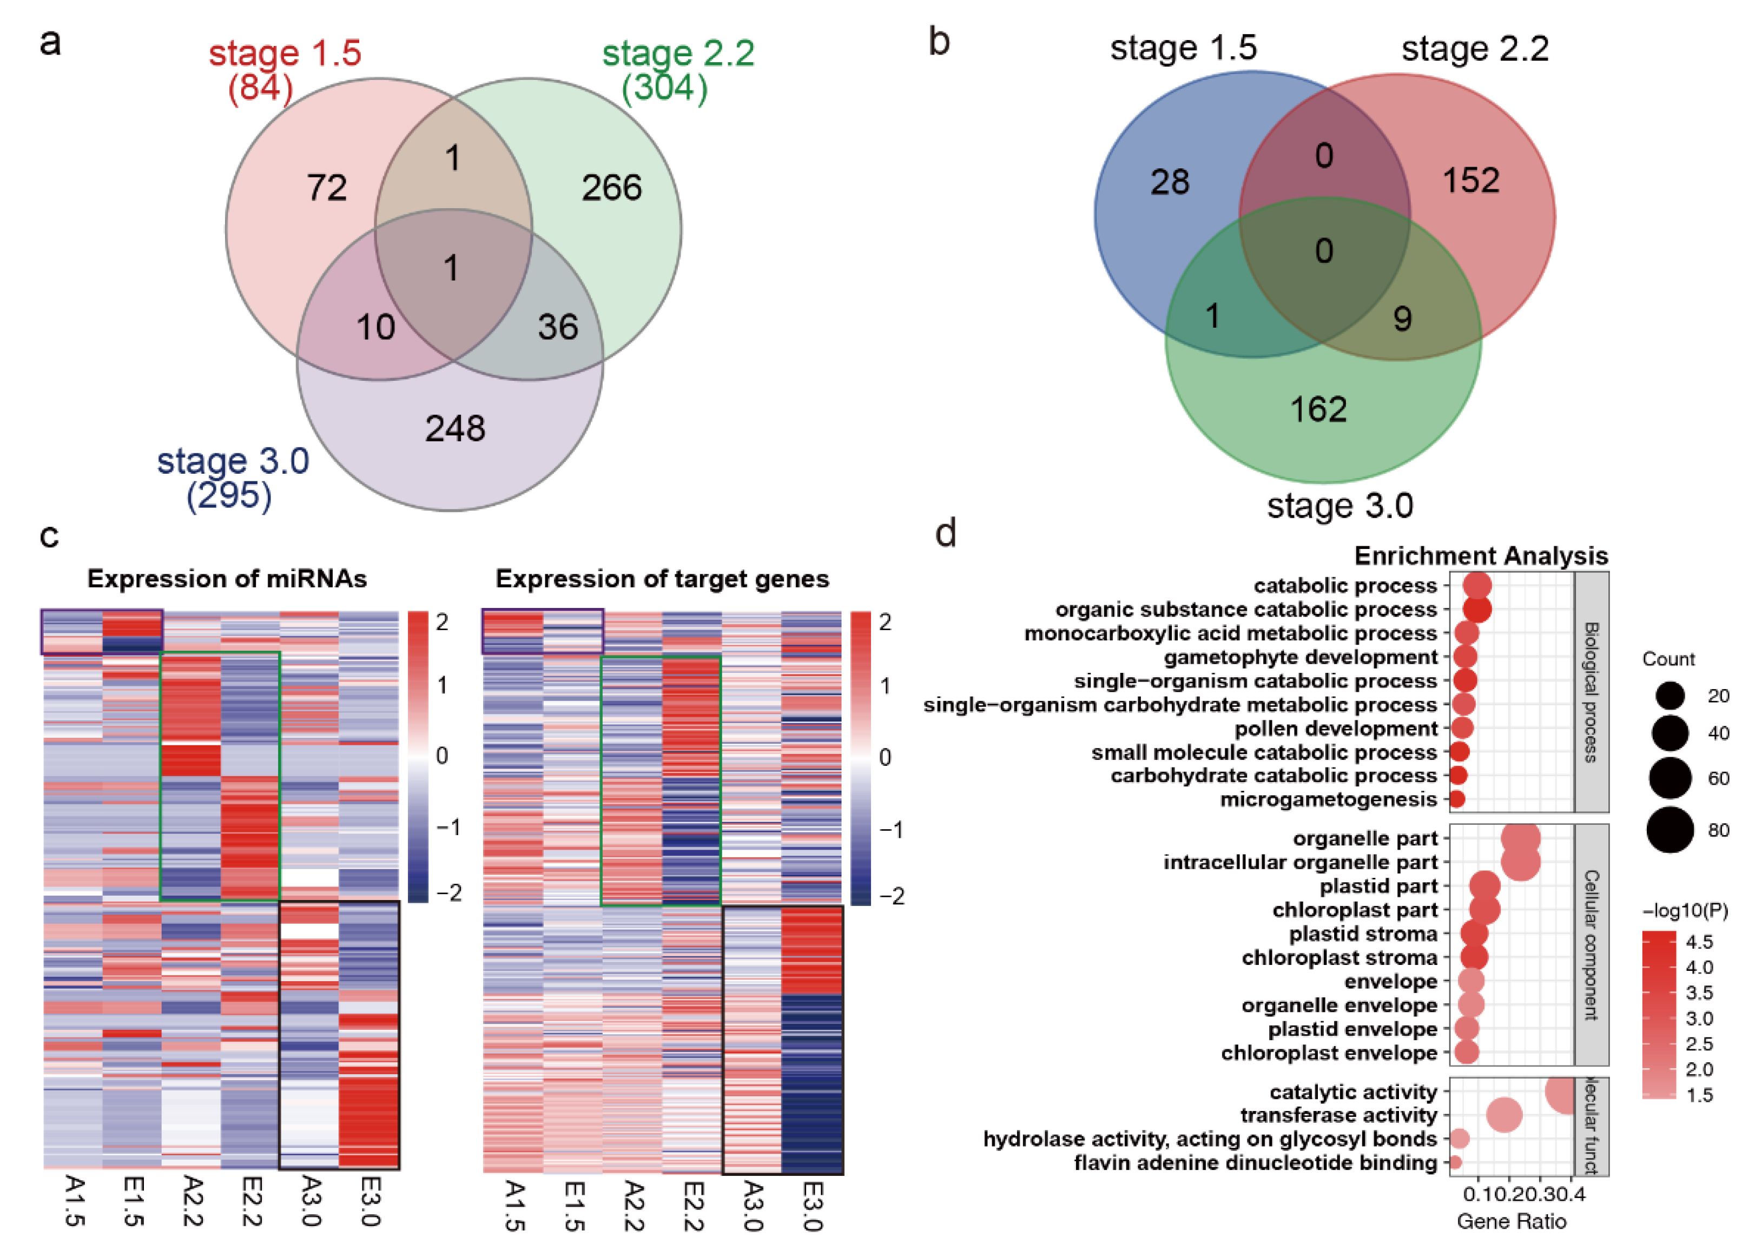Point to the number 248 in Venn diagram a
point(454,428)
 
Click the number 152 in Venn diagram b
point(1471,180)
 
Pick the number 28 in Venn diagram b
point(1169,182)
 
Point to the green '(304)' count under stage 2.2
point(664,88)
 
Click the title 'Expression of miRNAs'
point(227,579)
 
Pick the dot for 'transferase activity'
point(1504,1115)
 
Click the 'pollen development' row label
point(1336,729)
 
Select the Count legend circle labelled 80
point(1670,830)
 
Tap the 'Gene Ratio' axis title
point(1511,1221)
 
